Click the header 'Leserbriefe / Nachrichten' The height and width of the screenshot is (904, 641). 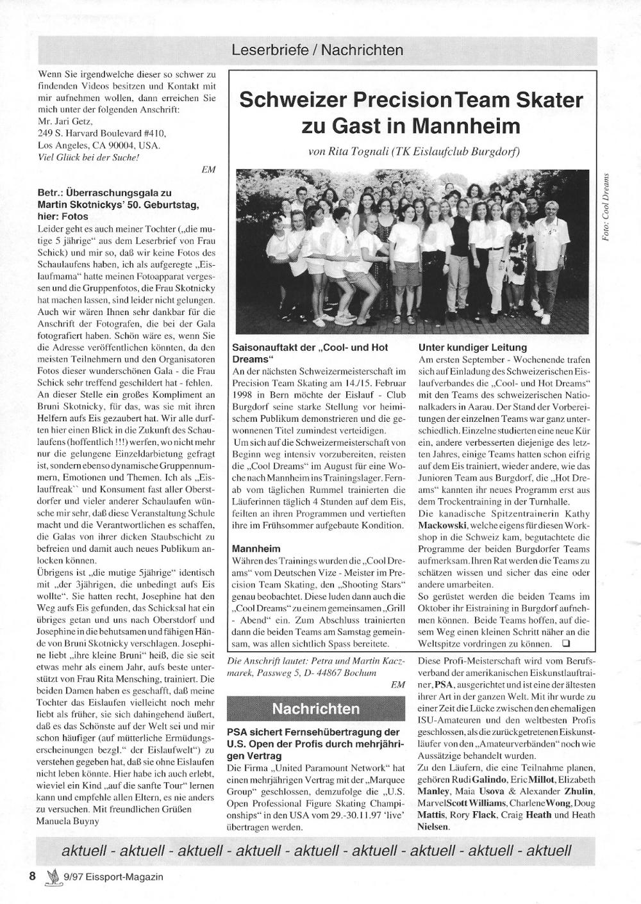[318, 50]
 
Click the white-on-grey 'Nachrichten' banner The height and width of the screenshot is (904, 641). [316, 709]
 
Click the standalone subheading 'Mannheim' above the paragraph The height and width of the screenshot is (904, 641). [256, 549]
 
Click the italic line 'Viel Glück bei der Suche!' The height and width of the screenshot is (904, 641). [89, 157]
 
